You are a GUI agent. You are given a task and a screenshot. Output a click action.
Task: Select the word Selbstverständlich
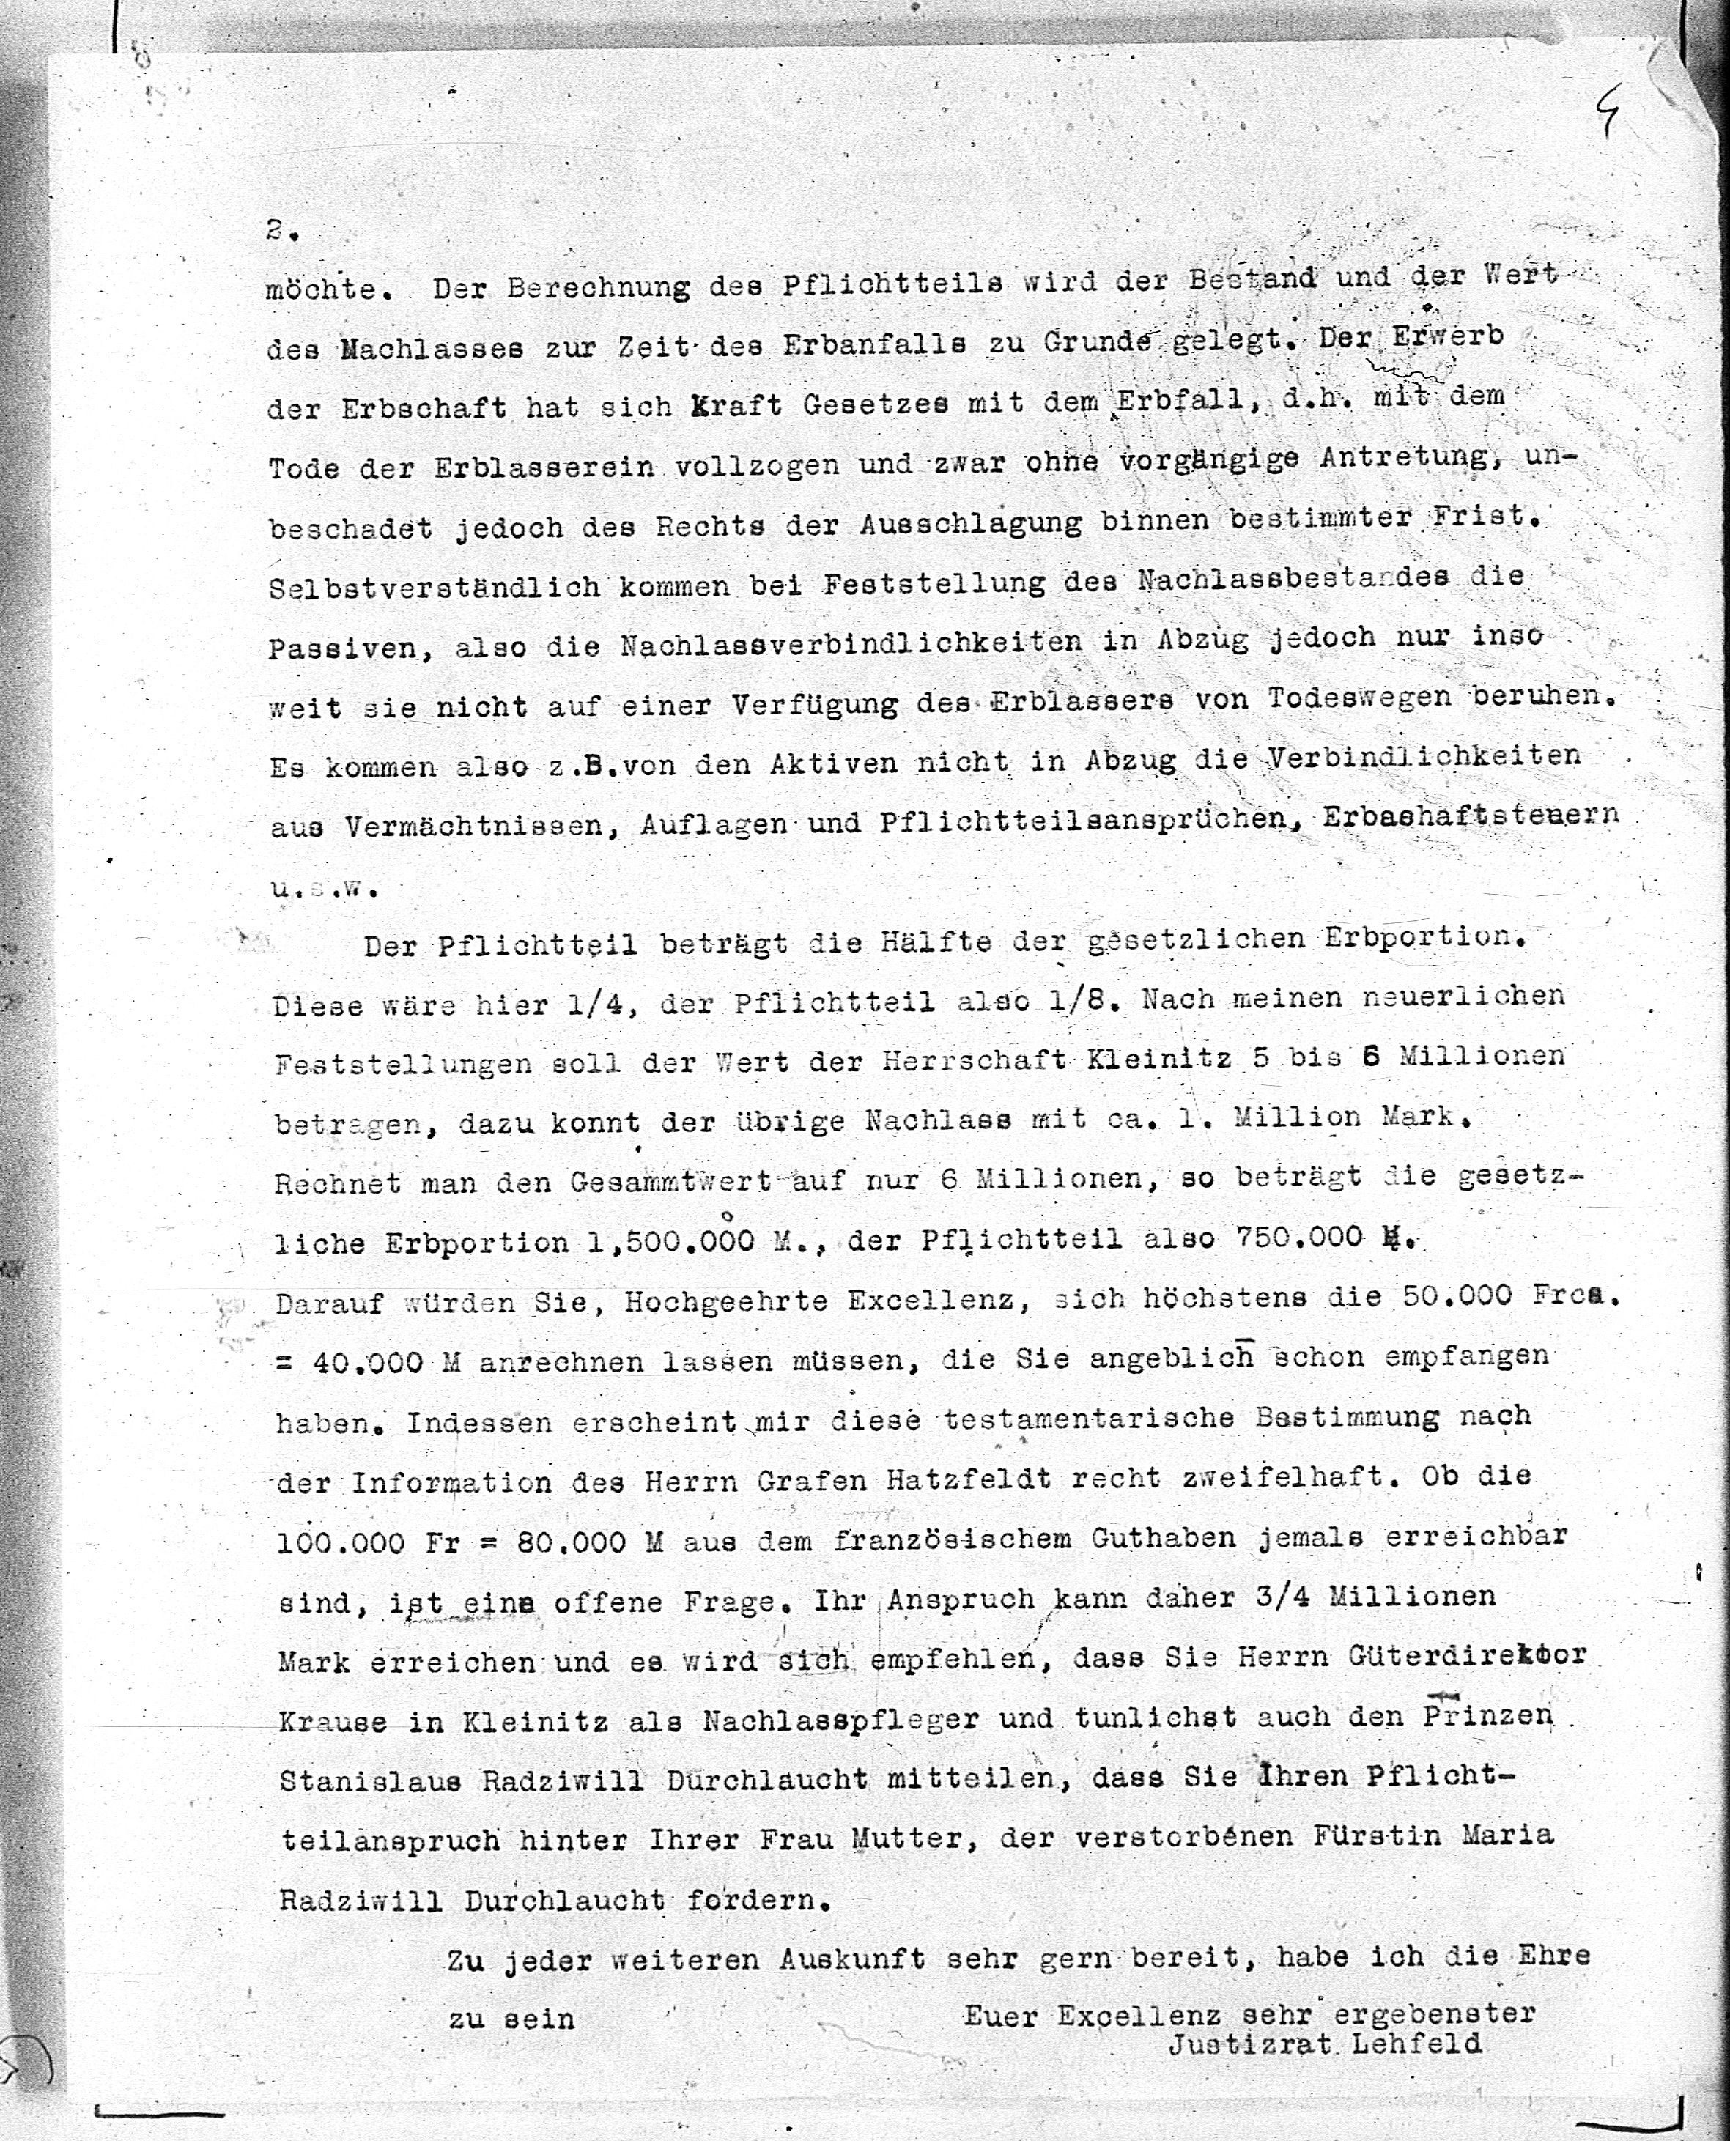[x=434, y=587]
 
